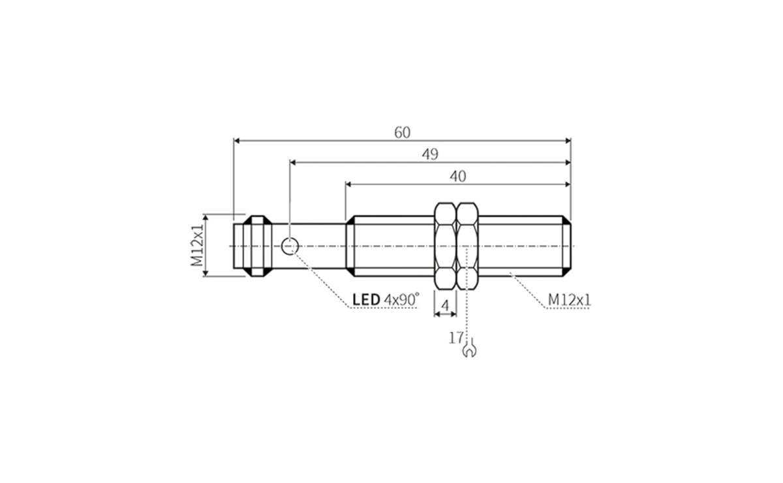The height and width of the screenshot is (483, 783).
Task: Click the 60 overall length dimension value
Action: click(x=403, y=132)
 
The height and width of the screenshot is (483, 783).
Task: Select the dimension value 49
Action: click(x=429, y=154)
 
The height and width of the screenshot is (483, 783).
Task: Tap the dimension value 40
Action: click(x=459, y=176)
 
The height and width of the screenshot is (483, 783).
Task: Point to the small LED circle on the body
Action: click(x=290, y=246)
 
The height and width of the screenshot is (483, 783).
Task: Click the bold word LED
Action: click(x=366, y=300)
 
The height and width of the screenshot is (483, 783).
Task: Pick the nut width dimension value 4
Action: click(x=446, y=305)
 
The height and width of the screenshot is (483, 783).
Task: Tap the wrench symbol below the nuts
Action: click(x=468, y=351)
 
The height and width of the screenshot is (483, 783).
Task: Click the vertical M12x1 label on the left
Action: click(x=197, y=245)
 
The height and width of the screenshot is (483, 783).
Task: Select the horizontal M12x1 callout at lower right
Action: click(x=569, y=299)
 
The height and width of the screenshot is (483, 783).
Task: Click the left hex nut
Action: click(x=445, y=245)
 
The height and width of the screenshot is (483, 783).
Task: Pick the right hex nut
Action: click(x=468, y=245)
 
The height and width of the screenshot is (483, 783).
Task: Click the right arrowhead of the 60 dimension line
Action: click(x=567, y=140)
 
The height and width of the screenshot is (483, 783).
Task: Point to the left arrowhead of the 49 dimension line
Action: click(x=293, y=162)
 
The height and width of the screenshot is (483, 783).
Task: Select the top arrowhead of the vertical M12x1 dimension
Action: click(x=205, y=217)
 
